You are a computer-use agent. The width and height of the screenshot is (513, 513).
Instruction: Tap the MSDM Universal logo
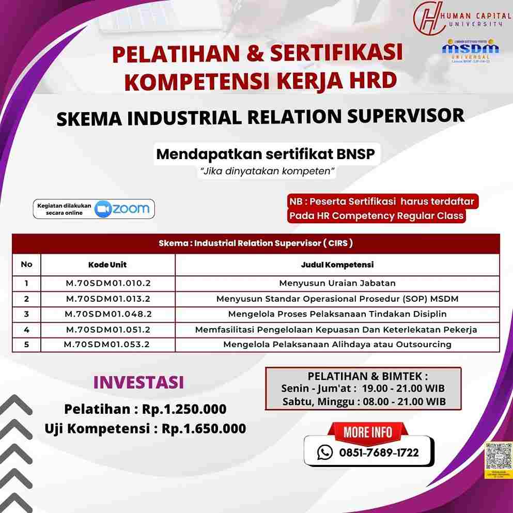click(470, 49)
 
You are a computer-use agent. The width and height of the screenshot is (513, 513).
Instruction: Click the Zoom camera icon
click(104, 209)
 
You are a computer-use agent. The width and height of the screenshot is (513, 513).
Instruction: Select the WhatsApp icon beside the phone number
click(325, 453)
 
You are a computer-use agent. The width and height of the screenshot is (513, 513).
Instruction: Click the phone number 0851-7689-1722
click(379, 453)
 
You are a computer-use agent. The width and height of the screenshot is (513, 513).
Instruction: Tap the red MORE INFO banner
click(368, 432)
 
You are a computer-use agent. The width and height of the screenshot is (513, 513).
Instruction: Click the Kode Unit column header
click(107, 265)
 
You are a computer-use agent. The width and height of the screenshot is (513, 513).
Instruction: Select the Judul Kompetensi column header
click(337, 265)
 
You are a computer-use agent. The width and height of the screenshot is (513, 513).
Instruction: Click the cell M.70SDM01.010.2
click(107, 283)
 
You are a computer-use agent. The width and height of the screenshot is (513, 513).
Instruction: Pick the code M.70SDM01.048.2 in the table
click(107, 314)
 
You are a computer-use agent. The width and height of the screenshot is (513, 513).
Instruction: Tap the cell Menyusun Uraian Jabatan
click(337, 283)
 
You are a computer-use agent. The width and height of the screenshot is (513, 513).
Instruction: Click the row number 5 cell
click(26, 345)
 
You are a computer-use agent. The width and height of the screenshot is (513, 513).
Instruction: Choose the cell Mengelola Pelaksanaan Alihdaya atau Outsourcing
click(337, 345)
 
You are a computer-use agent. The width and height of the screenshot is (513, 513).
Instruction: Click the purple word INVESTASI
click(138, 382)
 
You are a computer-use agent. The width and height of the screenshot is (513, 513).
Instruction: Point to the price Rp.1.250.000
click(184, 409)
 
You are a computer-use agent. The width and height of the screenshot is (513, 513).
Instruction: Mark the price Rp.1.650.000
click(204, 428)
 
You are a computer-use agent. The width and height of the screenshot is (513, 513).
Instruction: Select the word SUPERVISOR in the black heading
click(405, 116)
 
